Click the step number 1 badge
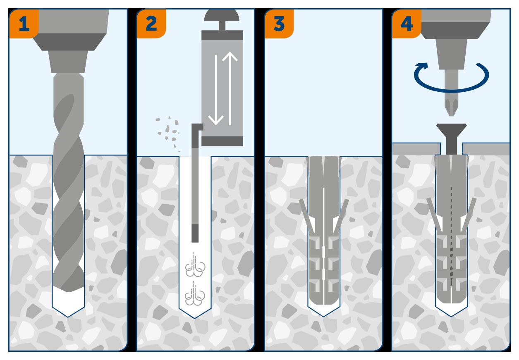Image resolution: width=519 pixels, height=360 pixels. click(24, 24)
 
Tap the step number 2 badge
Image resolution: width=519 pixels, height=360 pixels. click(151, 24)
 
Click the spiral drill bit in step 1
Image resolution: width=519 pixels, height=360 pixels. click(68, 186)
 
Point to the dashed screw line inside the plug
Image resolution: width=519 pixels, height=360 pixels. click(452, 236)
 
